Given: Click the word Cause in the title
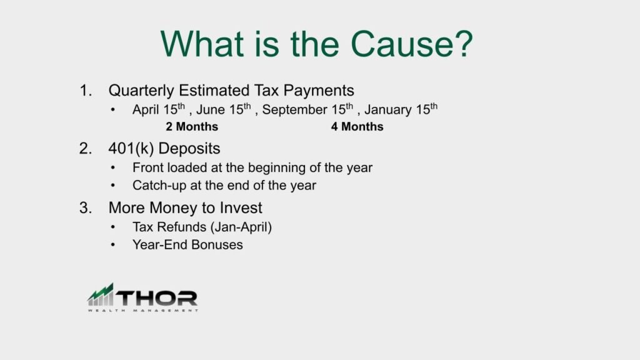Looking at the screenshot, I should click(x=398, y=44).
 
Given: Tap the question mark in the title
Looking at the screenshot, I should click(x=462, y=44).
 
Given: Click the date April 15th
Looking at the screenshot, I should click(x=159, y=110).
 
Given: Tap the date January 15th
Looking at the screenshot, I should click(x=401, y=110).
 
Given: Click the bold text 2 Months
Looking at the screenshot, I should click(x=192, y=127).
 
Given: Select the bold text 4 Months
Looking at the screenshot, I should click(x=357, y=127).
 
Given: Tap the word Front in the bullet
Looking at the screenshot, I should click(x=147, y=168).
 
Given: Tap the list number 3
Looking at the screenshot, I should click(x=85, y=208).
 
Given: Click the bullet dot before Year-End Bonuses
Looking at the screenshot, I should click(x=112, y=245).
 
